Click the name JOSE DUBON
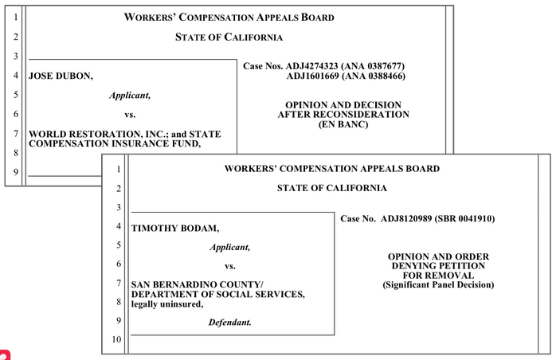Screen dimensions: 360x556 (x=61, y=76)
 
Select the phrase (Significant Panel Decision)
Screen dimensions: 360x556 (x=437, y=284)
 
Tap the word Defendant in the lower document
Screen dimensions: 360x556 (x=230, y=322)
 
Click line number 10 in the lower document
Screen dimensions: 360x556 (x=116, y=340)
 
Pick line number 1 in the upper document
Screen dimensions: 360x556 (x=16, y=17)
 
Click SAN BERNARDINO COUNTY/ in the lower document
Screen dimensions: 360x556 (x=197, y=284)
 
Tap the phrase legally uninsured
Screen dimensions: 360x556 (x=166, y=303)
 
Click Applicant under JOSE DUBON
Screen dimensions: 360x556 (x=130, y=95)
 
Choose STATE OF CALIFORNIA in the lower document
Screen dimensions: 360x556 (x=331, y=188)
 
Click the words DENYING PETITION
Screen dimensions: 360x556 (x=437, y=265)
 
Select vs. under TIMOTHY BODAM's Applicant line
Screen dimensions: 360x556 (x=230, y=266)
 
